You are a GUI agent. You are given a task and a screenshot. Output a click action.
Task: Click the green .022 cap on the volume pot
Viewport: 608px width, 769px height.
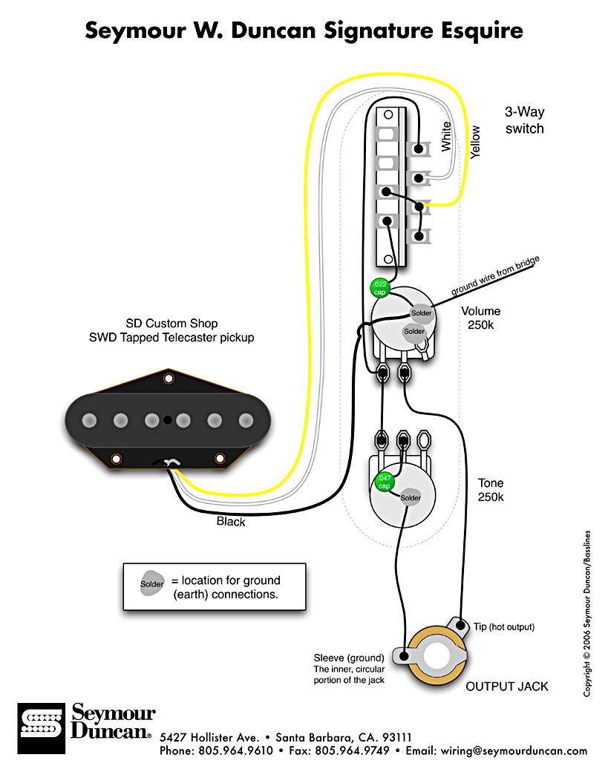pos(379,288)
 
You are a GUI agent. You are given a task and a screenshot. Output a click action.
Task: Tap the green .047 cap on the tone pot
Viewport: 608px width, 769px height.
pos(385,481)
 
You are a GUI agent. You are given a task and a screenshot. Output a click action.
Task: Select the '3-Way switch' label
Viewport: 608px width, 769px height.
pos(525,120)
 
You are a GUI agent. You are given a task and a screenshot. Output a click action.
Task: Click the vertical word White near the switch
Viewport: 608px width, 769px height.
pos(445,137)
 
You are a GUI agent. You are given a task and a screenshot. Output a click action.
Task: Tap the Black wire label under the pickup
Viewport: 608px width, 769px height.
pos(231,522)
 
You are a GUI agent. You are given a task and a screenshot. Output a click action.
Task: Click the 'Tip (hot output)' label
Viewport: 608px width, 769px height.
pos(503,627)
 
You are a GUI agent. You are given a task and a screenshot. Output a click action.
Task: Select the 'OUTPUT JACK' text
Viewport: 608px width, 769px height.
pos(507,687)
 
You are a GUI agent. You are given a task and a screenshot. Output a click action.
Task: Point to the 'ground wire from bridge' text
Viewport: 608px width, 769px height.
pos(495,277)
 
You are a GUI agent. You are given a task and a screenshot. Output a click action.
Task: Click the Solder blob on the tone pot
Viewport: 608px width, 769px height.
pos(411,497)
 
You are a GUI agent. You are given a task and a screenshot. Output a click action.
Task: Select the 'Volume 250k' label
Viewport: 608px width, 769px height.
pos(480,318)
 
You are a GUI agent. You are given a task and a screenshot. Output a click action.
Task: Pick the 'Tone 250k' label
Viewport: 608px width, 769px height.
pos(491,490)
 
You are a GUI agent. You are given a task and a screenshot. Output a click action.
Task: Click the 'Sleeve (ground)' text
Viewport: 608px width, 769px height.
pos(349,658)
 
